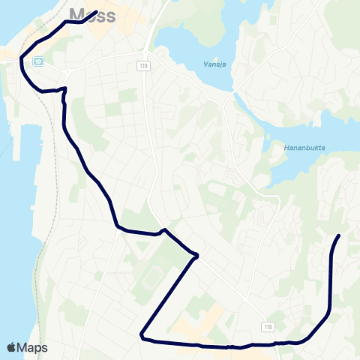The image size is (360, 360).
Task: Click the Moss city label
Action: pos(91,14)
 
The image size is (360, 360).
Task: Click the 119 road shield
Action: pos(142,66)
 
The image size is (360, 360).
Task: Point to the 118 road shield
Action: pos(268,327)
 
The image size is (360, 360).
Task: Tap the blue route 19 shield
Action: pos(38,62)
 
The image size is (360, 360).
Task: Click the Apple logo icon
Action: pos(12,347)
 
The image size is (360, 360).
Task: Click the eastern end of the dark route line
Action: pos(339,236)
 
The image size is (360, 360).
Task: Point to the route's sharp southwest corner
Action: pos(141,335)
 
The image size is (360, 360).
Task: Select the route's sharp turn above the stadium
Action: pos(197,256)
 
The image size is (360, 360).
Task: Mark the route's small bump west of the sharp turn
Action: pos(163,229)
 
